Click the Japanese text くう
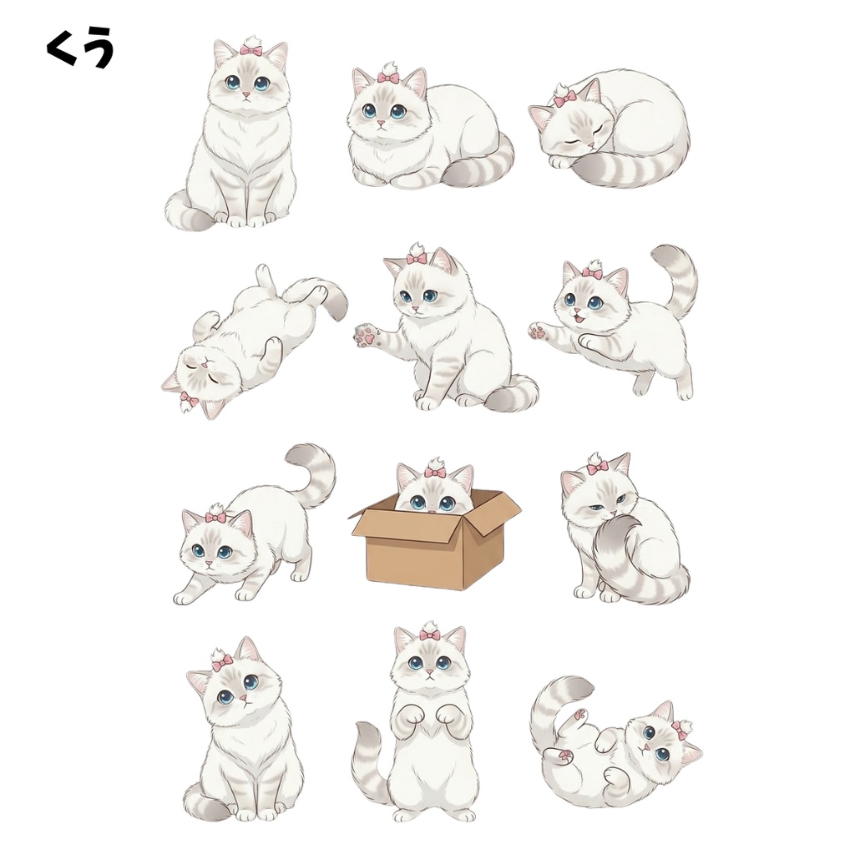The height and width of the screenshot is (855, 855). [x=80, y=49]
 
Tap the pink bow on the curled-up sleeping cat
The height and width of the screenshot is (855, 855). [x=565, y=99]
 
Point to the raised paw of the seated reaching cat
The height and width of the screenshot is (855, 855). [x=366, y=336]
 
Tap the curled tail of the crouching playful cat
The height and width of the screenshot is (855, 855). [x=311, y=472]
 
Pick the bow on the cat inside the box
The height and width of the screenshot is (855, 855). [x=435, y=472]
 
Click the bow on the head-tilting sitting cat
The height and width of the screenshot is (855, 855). [x=222, y=664]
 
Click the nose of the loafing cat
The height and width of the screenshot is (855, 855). [x=380, y=124]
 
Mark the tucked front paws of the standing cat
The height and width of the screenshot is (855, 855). [x=427, y=716]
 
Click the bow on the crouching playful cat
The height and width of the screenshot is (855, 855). [x=215, y=517]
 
